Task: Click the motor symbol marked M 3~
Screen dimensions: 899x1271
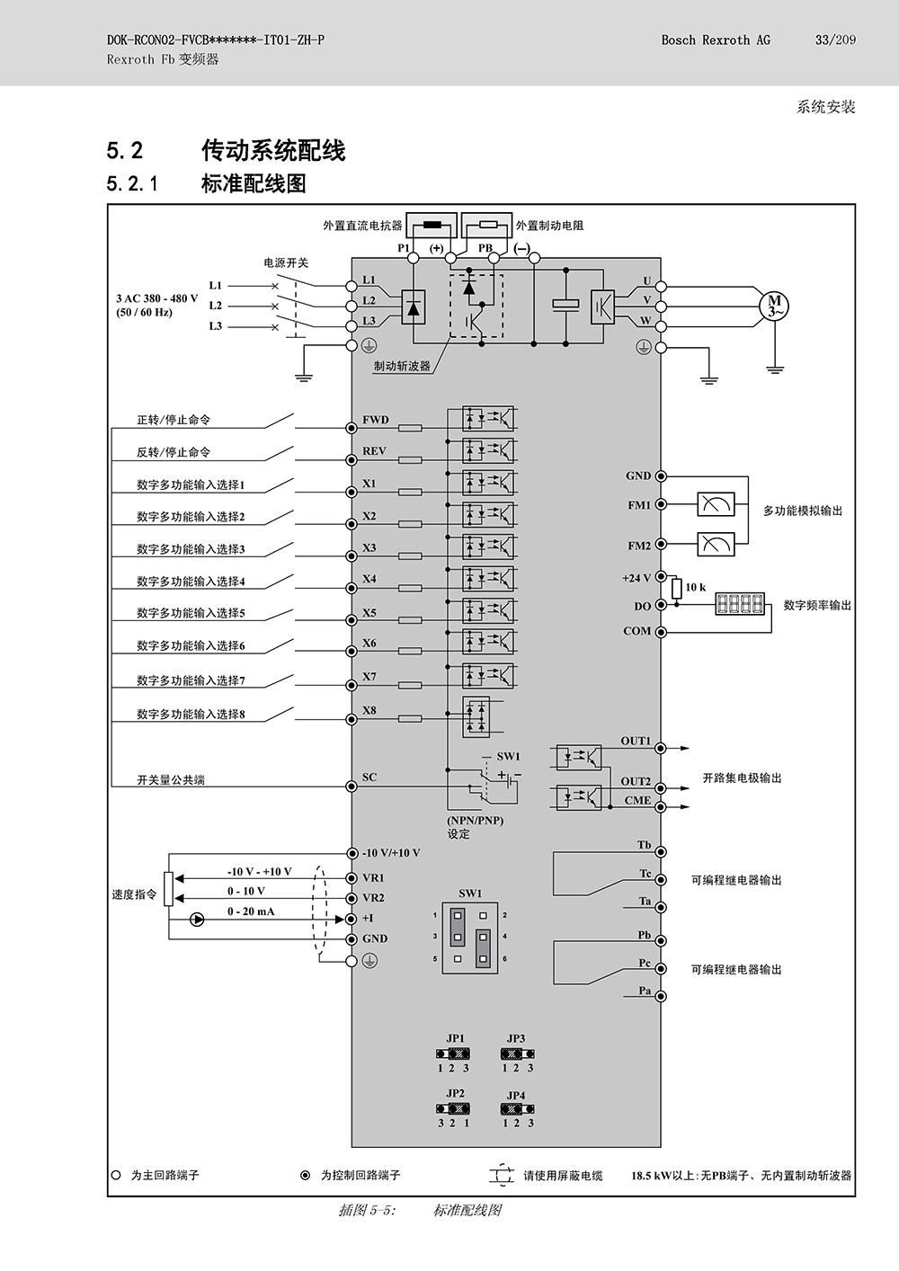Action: pos(774,306)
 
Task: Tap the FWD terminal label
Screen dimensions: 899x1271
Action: pos(376,419)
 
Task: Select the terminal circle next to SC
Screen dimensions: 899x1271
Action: pos(352,787)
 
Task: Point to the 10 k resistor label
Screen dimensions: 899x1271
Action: pos(695,587)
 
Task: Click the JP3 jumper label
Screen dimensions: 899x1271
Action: pos(516,1038)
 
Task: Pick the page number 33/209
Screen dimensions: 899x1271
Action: pos(835,40)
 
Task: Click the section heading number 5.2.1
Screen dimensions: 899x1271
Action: pos(131,184)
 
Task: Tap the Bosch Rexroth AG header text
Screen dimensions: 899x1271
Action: pos(716,40)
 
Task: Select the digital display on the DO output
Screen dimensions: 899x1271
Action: pos(740,604)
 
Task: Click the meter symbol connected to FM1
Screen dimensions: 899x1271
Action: pos(716,504)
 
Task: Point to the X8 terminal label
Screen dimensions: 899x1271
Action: pos(369,710)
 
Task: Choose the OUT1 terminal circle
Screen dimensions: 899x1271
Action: pos(660,749)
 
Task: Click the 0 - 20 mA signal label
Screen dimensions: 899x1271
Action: pos(251,911)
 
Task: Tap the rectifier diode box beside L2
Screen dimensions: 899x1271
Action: pos(414,307)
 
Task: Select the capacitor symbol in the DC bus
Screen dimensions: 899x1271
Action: pos(565,304)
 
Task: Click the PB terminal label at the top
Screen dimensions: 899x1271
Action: pos(485,248)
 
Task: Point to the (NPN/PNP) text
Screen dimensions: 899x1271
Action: pos(475,821)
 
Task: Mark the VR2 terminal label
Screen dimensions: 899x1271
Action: pos(373,898)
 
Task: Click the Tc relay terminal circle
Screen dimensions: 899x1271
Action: pos(661,880)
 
